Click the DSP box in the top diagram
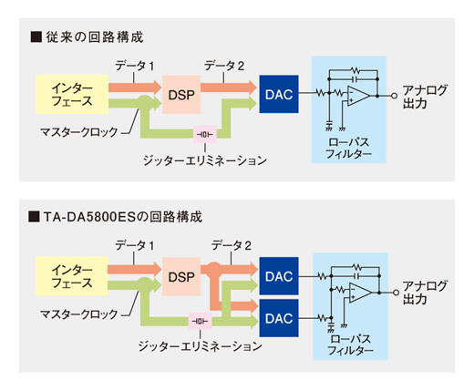[181, 95]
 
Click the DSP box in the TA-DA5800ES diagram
[181, 276]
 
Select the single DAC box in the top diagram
[279, 94]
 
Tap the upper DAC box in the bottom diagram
[279, 276]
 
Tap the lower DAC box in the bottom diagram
[279, 318]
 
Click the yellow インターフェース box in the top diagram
[72, 95]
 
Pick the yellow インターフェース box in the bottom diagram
[72, 276]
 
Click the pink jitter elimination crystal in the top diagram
[205, 134]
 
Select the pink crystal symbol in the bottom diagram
[201, 321]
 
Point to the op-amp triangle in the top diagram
[357, 96]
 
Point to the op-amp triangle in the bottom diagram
[359, 293]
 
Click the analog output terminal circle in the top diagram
[395, 96]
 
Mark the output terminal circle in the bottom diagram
[396, 293]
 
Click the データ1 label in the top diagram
[135, 66]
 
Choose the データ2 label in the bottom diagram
[232, 245]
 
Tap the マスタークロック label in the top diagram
[79, 132]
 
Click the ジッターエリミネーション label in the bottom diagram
[201, 346]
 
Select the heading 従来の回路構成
[95, 37]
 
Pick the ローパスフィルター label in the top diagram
[349, 148]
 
